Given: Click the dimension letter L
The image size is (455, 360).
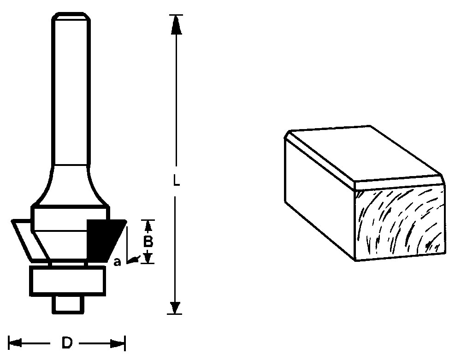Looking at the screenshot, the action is (176, 180).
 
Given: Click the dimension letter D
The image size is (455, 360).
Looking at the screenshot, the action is (67, 343).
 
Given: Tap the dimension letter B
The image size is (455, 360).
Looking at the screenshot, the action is (148, 242).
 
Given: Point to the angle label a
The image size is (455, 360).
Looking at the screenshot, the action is (117, 262).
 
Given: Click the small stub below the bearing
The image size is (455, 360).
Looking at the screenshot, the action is (67, 305).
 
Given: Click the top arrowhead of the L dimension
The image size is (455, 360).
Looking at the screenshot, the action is (176, 24).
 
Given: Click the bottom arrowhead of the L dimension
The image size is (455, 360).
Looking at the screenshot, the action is (175, 308).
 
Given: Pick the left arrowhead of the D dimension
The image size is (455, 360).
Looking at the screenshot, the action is (15, 343).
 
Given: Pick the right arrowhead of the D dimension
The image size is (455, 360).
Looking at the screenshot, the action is (118, 344).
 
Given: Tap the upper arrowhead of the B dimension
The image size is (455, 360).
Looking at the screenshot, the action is (148, 227).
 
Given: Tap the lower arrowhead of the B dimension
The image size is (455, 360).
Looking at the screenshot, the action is (148, 257).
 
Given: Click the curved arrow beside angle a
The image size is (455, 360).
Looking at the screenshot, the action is (135, 259).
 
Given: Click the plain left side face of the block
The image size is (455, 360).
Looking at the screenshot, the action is (319, 200).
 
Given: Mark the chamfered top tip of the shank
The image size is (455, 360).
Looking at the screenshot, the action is (71, 16).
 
